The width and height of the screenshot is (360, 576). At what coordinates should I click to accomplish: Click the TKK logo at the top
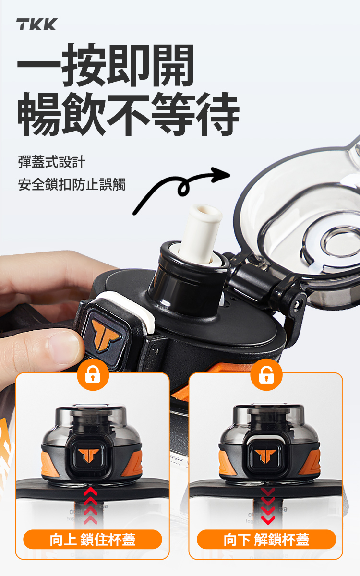pyautogui.click(x=37, y=24)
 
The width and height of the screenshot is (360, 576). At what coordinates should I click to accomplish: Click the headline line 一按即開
pyautogui.click(x=105, y=65)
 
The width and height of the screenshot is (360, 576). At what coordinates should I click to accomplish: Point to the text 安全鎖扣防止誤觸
pyautogui.click(x=72, y=184)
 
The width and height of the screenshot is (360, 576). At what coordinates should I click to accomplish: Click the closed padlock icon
pyautogui.click(x=93, y=375)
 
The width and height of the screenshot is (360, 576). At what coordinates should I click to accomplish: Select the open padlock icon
pyautogui.click(x=266, y=375)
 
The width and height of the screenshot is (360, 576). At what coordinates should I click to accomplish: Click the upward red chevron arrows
pyautogui.click(x=91, y=505)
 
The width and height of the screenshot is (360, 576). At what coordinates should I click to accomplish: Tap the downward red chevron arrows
pyautogui.click(x=268, y=506)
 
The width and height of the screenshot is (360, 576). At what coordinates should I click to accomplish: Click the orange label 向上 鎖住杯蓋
pyautogui.click(x=93, y=540)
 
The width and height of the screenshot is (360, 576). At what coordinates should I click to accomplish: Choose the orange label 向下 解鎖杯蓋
pyautogui.click(x=266, y=540)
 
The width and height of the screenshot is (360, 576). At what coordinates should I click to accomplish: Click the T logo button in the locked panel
pyautogui.click(x=88, y=456)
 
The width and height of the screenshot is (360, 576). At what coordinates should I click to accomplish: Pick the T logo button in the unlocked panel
pyautogui.click(x=265, y=456)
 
